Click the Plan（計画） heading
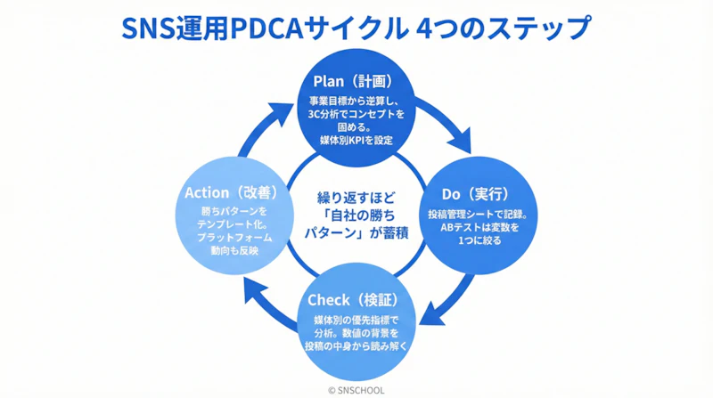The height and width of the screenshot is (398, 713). [x=356, y=82]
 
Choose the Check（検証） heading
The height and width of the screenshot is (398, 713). [x=355, y=299]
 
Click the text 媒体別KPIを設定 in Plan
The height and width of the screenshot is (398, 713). [x=356, y=140]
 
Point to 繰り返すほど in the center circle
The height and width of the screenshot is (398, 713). [x=355, y=195]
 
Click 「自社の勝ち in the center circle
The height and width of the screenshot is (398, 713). [x=355, y=215]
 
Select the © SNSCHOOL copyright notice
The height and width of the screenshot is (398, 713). [x=355, y=389]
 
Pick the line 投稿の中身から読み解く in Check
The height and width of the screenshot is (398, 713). [x=355, y=345]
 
